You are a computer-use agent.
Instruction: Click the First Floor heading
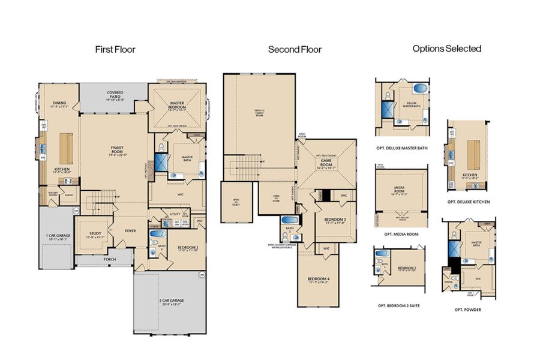point(115,50)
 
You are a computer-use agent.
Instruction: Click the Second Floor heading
point(295,50)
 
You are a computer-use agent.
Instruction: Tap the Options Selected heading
point(447,49)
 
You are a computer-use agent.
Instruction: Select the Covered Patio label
point(115,94)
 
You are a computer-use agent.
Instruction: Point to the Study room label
point(95,235)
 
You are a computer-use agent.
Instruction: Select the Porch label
point(109,260)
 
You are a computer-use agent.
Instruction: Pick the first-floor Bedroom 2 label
point(188,247)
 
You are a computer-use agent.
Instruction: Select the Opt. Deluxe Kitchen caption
point(469,202)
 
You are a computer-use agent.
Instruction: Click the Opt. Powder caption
point(468,310)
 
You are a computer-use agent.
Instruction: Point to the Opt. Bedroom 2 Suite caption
point(397,305)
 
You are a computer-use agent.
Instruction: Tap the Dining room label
point(59,103)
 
